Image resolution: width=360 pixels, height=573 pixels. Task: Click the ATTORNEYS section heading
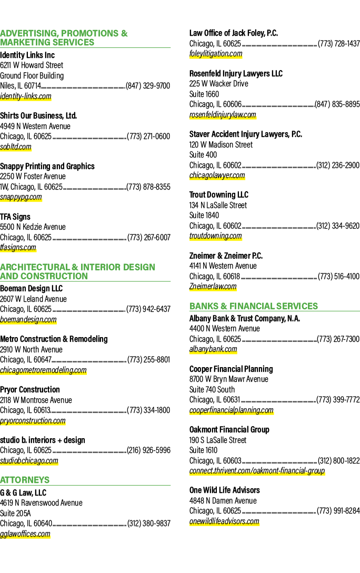point(25,480)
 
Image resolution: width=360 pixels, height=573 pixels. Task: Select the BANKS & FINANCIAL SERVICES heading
point(253,306)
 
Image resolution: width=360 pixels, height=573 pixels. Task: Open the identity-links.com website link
point(26,96)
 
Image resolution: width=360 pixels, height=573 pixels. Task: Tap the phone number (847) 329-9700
point(148,86)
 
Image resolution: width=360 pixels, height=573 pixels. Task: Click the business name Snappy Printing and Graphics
point(47,166)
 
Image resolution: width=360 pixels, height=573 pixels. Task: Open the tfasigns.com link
point(18,248)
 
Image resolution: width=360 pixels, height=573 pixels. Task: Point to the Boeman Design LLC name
point(32,288)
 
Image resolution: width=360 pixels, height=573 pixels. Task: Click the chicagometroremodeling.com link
point(43,370)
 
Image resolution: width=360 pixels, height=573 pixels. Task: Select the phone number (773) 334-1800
point(148,410)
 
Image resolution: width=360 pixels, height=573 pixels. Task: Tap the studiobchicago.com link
point(29,460)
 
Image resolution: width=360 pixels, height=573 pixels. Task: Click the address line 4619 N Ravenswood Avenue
point(41,503)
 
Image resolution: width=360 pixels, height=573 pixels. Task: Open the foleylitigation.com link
point(216,54)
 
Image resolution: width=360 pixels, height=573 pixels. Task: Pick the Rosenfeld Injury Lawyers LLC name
point(236,73)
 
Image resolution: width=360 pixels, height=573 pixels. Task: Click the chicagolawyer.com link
point(217,175)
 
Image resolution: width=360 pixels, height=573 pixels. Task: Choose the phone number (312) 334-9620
point(338,226)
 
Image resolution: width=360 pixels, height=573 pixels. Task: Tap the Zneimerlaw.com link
point(213,286)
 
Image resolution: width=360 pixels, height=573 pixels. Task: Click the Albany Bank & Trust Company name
point(245,319)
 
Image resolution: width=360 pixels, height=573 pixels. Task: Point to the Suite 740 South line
point(212,390)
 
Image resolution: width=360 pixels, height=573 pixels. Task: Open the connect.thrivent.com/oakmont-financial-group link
point(257,471)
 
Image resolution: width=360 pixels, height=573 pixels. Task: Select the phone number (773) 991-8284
point(338,510)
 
